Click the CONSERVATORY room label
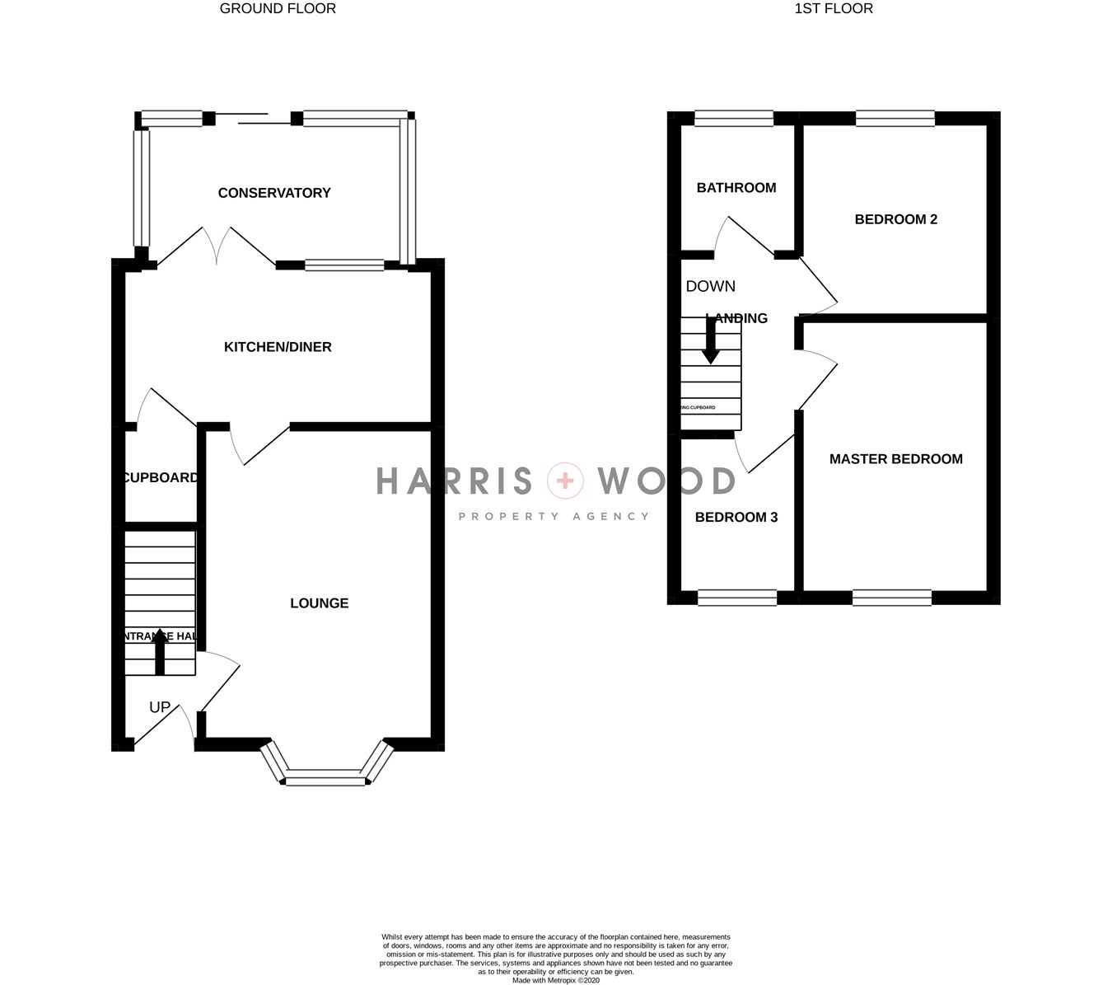(274, 193)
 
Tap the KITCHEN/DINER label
(278, 347)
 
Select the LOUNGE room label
(319, 603)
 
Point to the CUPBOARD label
(161, 478)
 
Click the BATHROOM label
(736, 188)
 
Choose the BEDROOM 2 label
(895, 219)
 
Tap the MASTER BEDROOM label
(895, 459)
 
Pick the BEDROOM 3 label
(736, 518)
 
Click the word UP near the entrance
(160, 707)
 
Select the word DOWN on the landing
(710, 286)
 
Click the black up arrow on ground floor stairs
(160, 651)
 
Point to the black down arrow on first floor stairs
(710, 342)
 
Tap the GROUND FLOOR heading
(278, 8)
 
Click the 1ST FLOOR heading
(834, 8)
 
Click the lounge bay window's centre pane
(325, 777)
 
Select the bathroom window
(734, 119)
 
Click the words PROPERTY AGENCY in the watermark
(554, 516)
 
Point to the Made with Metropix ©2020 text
(556, 981)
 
